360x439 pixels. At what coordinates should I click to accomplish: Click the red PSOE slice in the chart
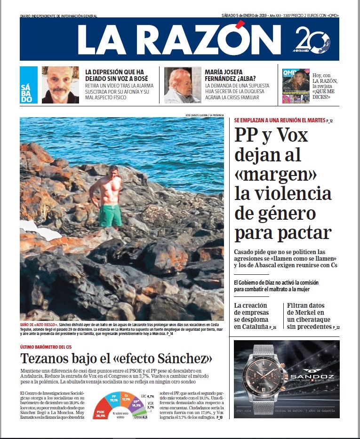pos(101,409)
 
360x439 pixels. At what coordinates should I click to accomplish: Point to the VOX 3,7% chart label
pos(150,405)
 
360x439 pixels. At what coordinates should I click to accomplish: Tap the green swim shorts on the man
pos(110,215)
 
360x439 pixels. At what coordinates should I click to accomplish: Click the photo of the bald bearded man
pos(60,85)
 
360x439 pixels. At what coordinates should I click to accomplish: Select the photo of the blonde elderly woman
pos(182,85)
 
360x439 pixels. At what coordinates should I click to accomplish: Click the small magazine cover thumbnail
pos(296,86)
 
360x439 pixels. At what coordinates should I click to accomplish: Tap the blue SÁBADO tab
pos(28,85)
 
